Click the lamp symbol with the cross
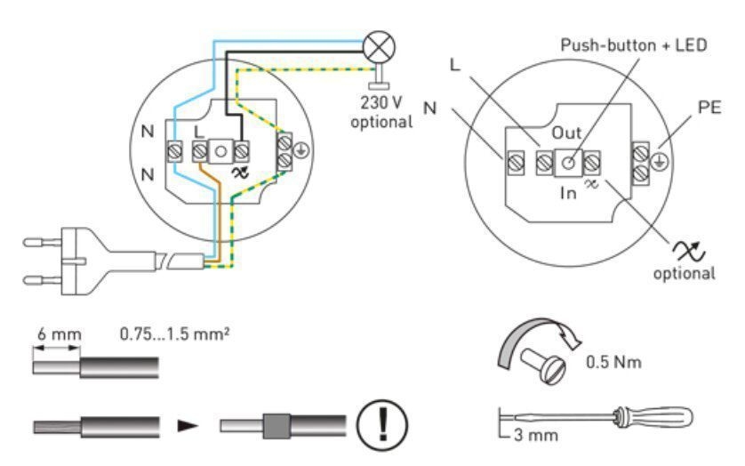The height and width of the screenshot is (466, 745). (379, 47)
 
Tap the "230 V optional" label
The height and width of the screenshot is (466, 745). (381, 112)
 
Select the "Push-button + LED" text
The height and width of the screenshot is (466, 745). (634, 45)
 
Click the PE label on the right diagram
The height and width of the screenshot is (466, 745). (709, 108)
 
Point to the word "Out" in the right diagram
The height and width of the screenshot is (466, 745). (566, 133)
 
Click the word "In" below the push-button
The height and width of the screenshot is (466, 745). (568, 193)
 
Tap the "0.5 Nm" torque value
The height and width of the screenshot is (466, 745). (613, 362)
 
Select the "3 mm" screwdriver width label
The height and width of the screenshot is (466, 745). (536, 435)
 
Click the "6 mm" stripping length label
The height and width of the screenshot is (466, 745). (60, 334)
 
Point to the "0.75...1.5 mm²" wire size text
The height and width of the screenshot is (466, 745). (174, 333)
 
